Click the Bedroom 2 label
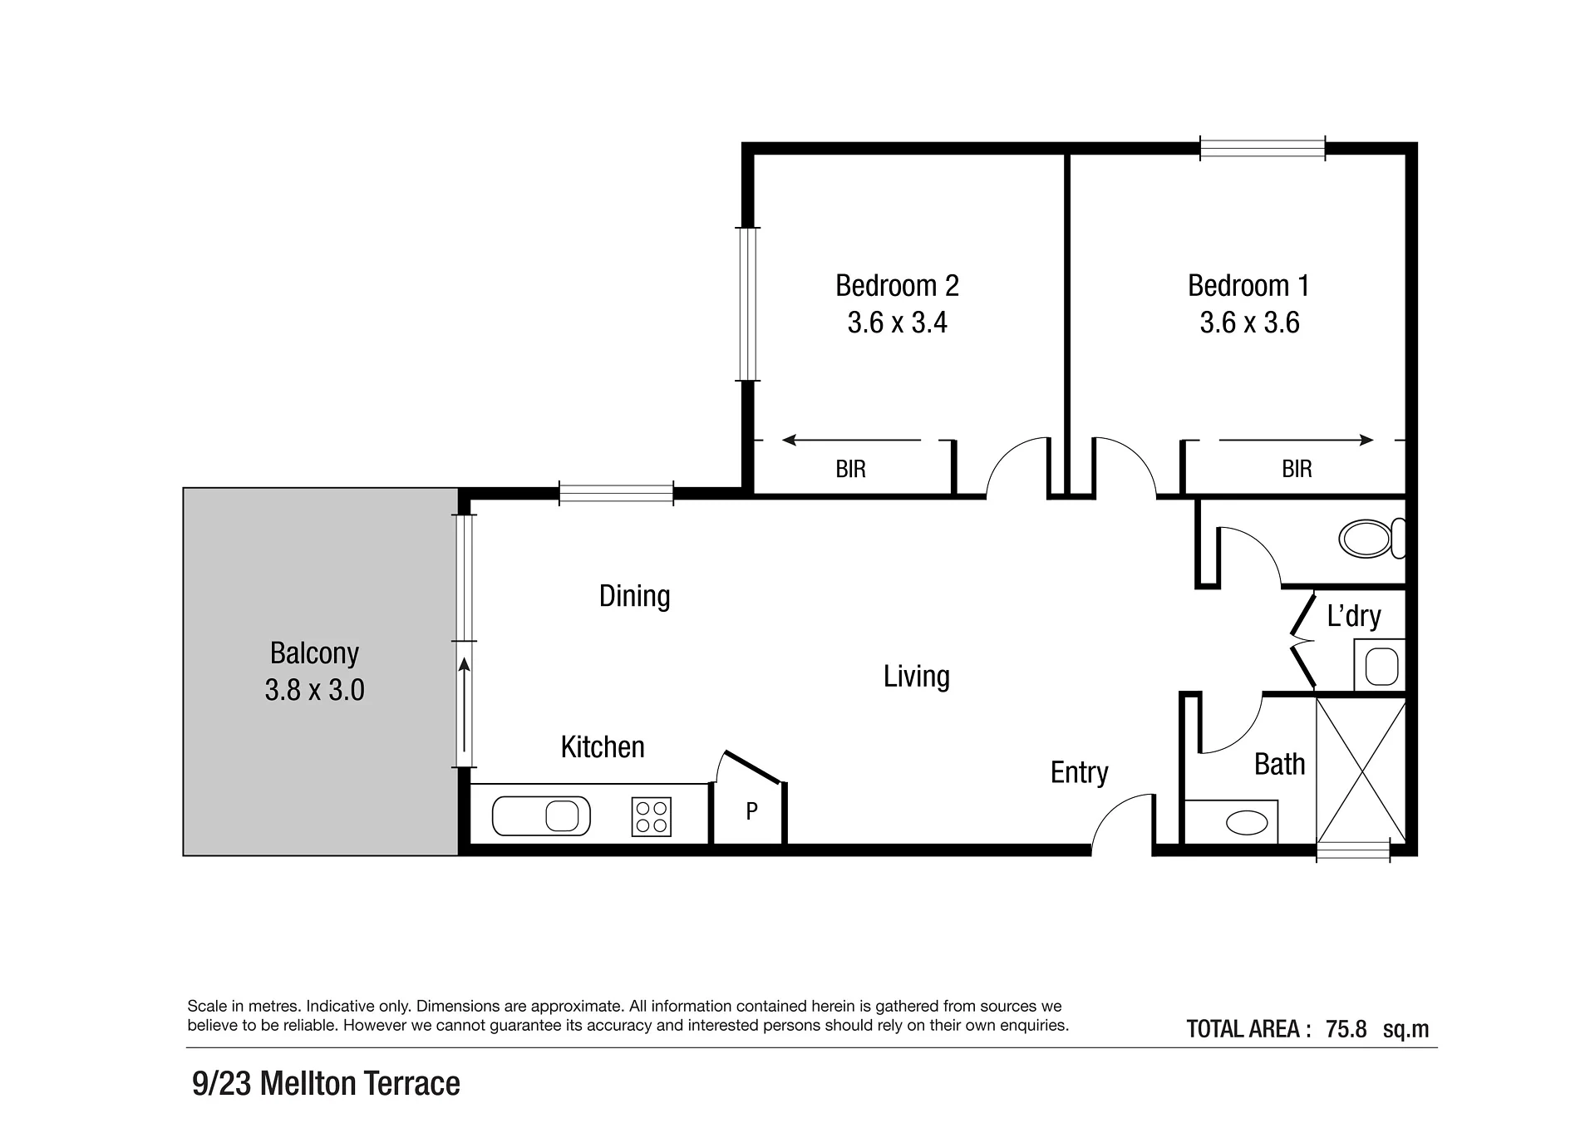pos(897,286)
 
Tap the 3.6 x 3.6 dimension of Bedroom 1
pos(1249,323)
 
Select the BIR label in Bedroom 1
pos(1297,470)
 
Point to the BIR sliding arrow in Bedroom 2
pos(852,440)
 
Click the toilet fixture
pos(1371,539)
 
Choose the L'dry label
pos(1354,616)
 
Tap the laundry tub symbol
pos(1381,666)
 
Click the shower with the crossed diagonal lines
pos(1361,771)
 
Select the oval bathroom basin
pos(1247,823)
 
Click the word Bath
pos(1279,765)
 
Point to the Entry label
pos(1079,773)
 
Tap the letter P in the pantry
pos(751,811)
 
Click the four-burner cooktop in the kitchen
pos(652,816)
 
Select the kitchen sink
pos(541,816)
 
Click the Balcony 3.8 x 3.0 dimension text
pos(314,691)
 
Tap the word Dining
pos(634,597)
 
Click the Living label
pos(916,677)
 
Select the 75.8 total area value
pos(1346,1029)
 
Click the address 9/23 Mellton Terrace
pos(326,1084)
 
